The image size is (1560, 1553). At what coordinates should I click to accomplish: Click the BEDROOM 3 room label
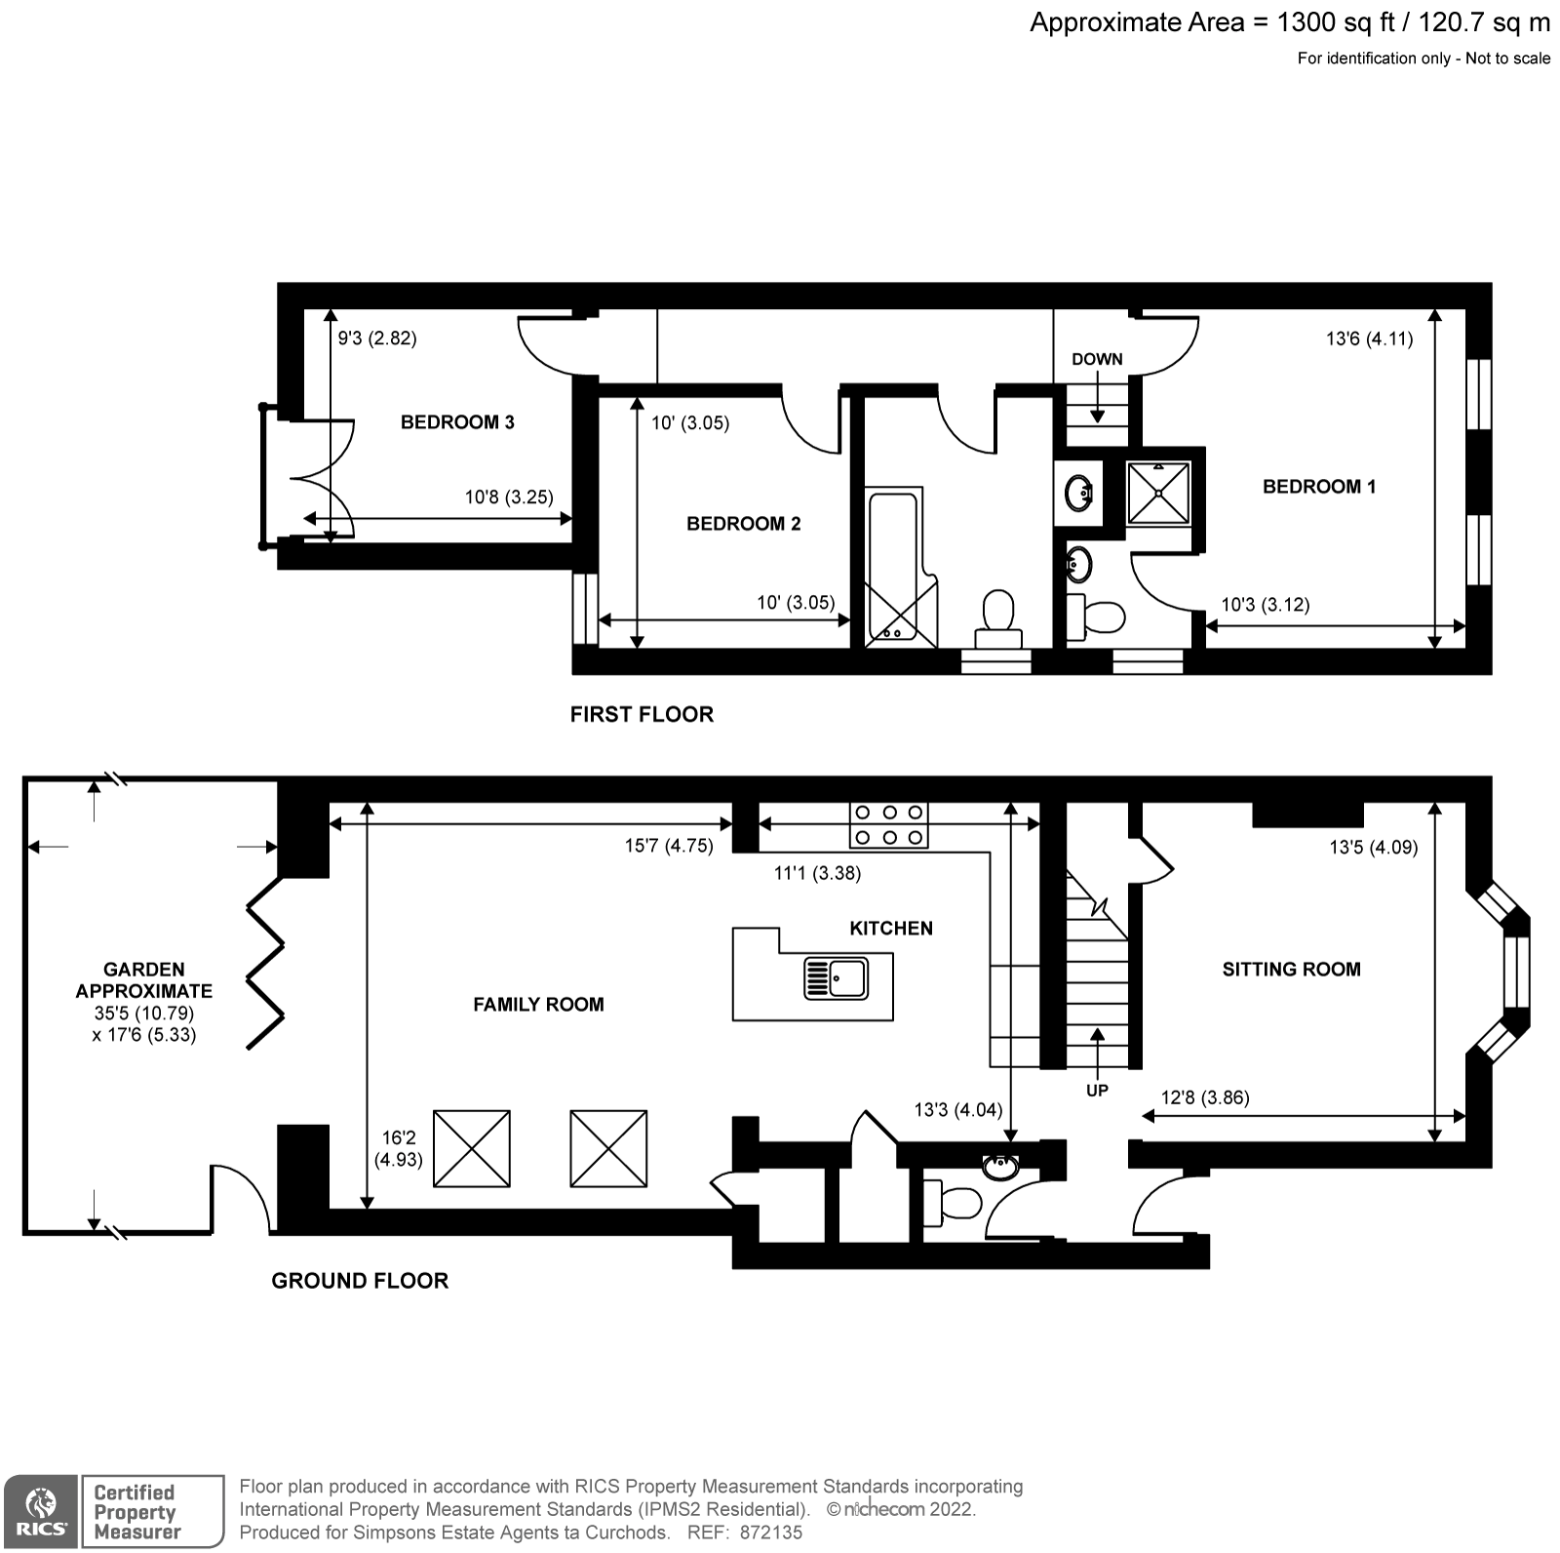(x=457, y=422)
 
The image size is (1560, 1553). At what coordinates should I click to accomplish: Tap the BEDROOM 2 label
(x=743, y=524)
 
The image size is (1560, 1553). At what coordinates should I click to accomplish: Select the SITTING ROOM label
(x=1291, y=969)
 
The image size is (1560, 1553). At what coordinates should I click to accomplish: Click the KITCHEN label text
(x=890, y=928)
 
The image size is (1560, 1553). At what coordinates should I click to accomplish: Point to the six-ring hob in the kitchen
(x=888, y=824)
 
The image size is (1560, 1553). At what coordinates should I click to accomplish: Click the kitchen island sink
(x=836, y=978)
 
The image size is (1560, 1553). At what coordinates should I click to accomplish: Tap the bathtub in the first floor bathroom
(x=893, y=566)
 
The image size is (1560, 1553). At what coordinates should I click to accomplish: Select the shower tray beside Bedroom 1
(x=1159, y=493)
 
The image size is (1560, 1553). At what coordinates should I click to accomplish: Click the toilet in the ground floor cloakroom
(x=953, y=1202)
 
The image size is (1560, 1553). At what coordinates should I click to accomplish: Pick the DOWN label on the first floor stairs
(x=1097, y=359)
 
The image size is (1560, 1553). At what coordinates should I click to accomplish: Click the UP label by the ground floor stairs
(x=1097, y=1091)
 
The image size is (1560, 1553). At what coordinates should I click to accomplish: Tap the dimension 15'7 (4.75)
(x=669, y=846)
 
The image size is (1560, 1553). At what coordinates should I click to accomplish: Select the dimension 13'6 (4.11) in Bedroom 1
(x=1369, y=339)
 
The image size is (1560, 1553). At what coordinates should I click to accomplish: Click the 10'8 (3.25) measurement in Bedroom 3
(x=508, y=497)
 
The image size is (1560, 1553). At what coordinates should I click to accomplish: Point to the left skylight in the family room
(x=471, y=1148)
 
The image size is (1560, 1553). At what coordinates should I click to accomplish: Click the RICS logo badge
(x=40, y=1511)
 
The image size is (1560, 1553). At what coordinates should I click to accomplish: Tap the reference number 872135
(x=770, y=1533)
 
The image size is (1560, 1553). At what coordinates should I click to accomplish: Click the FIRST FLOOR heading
(x=642, y=714)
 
